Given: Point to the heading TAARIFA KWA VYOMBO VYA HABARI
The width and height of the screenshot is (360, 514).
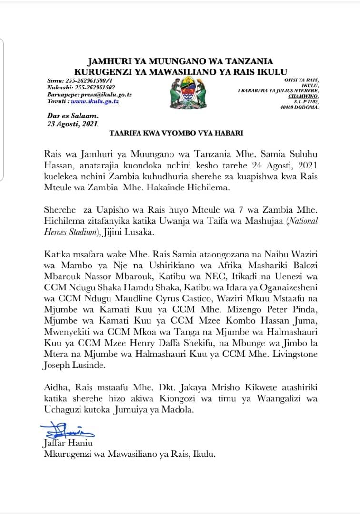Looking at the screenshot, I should pyautogui.click(x=176, y=133).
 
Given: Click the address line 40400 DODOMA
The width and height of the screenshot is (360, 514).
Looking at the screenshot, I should pyautogui.click(x=300, y=107).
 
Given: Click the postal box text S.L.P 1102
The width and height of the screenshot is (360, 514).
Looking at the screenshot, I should pyautogui.click(x=306, y=101).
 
